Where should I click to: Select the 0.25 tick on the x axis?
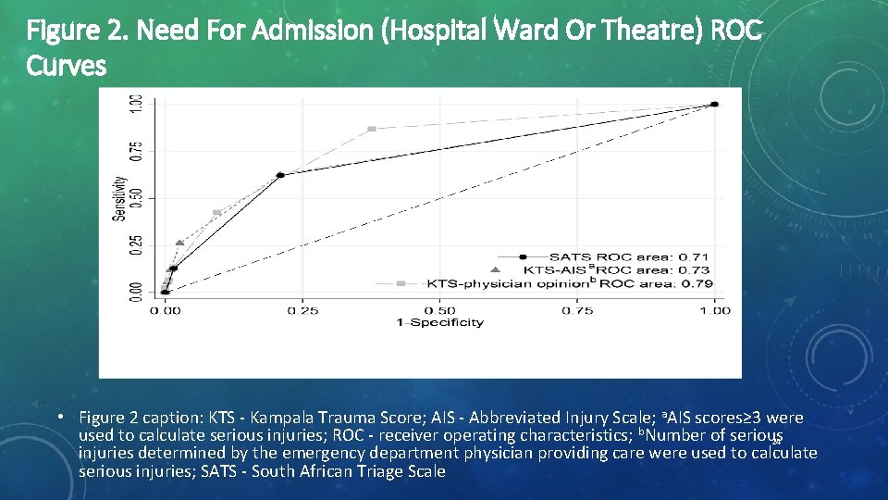(303, 310)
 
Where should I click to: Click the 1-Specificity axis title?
(440, 322)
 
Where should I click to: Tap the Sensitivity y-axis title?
(118, 198)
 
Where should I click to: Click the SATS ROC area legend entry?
(601, 256)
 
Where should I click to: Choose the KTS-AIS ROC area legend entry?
(601, 269)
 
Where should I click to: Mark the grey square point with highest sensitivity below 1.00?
(372, 129)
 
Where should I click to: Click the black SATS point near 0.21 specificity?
(280, 175)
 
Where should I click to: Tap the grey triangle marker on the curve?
(179, 244)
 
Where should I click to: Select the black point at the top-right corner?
(714, 105)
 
